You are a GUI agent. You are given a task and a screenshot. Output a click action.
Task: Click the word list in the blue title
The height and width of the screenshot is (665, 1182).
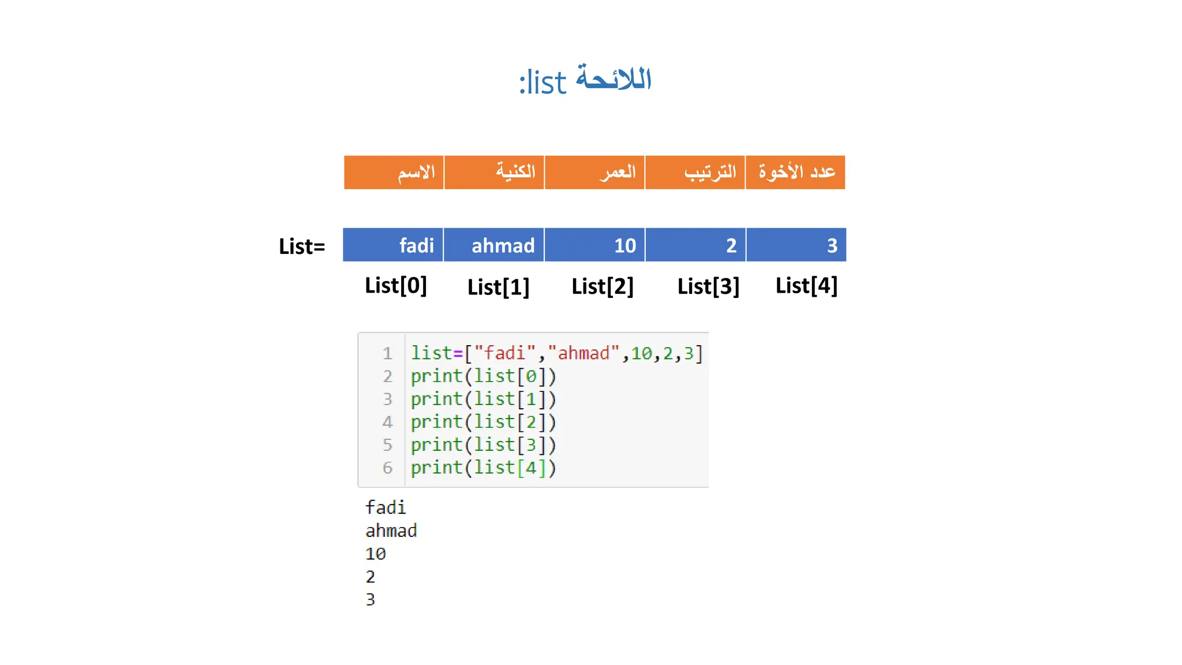pyautogui.click(x=547, y=83)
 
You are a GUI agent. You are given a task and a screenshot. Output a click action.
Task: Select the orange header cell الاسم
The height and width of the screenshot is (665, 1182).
pyautogui.click(x=394, y=172)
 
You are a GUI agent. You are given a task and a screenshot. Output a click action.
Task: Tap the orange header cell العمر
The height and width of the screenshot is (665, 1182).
pyautogui.click(x=594, y=172)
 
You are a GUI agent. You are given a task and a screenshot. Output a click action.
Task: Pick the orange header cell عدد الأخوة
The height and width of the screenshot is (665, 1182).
pyautogui.click(x=795, y=172)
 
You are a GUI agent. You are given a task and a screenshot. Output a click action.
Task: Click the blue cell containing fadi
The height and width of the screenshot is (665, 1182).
pyautogui.click(x=393, y=245)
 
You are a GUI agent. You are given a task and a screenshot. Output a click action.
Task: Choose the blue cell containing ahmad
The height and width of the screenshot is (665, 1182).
pyautogui.click(x=494, y=245)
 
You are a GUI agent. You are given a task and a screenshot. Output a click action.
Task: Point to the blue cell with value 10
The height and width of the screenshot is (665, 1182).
pyautogui.click(x=594, y=245)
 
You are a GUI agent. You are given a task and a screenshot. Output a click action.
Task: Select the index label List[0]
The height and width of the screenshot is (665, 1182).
pyautogui.click(x=396, y=286)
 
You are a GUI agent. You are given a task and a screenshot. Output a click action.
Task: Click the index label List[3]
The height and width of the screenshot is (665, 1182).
pyautogui.click(x=708, y=286)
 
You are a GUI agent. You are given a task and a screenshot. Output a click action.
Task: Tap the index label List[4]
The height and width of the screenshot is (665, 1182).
pyautogui.click(x=806, y=286)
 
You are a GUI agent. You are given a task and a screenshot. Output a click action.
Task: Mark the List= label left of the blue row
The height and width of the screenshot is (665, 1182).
pyautogui.click(x=302, y=246)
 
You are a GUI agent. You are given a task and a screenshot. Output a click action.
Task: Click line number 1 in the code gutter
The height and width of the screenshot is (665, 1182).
pyautogui.click(x=387, y=353)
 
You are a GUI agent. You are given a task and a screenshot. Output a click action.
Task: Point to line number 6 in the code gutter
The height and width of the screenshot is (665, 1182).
pyautogui.click(x=387, y=468)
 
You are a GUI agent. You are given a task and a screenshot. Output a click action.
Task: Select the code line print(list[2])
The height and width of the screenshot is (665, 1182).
pyautogui.click(x=483, y=422)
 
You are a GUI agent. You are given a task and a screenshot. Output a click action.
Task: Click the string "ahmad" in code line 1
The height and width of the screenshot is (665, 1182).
pyautogui.click(x=583, y=353)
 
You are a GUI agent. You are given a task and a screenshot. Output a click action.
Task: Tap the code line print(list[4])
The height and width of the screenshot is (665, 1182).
pyautogui.click(x=483, y=468)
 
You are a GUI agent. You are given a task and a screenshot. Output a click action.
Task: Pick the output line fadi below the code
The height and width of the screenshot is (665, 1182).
pyautogui.click(x=386, y=507)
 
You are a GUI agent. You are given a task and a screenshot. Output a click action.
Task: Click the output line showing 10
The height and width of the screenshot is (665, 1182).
pyautogui.click(x=376, y=554)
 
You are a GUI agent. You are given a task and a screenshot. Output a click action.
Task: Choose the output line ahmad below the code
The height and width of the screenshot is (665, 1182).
pyautogui.click(x=391, y=530)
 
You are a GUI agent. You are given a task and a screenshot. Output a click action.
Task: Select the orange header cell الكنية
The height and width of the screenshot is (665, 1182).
pyautogui.click(x=494, y=172)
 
